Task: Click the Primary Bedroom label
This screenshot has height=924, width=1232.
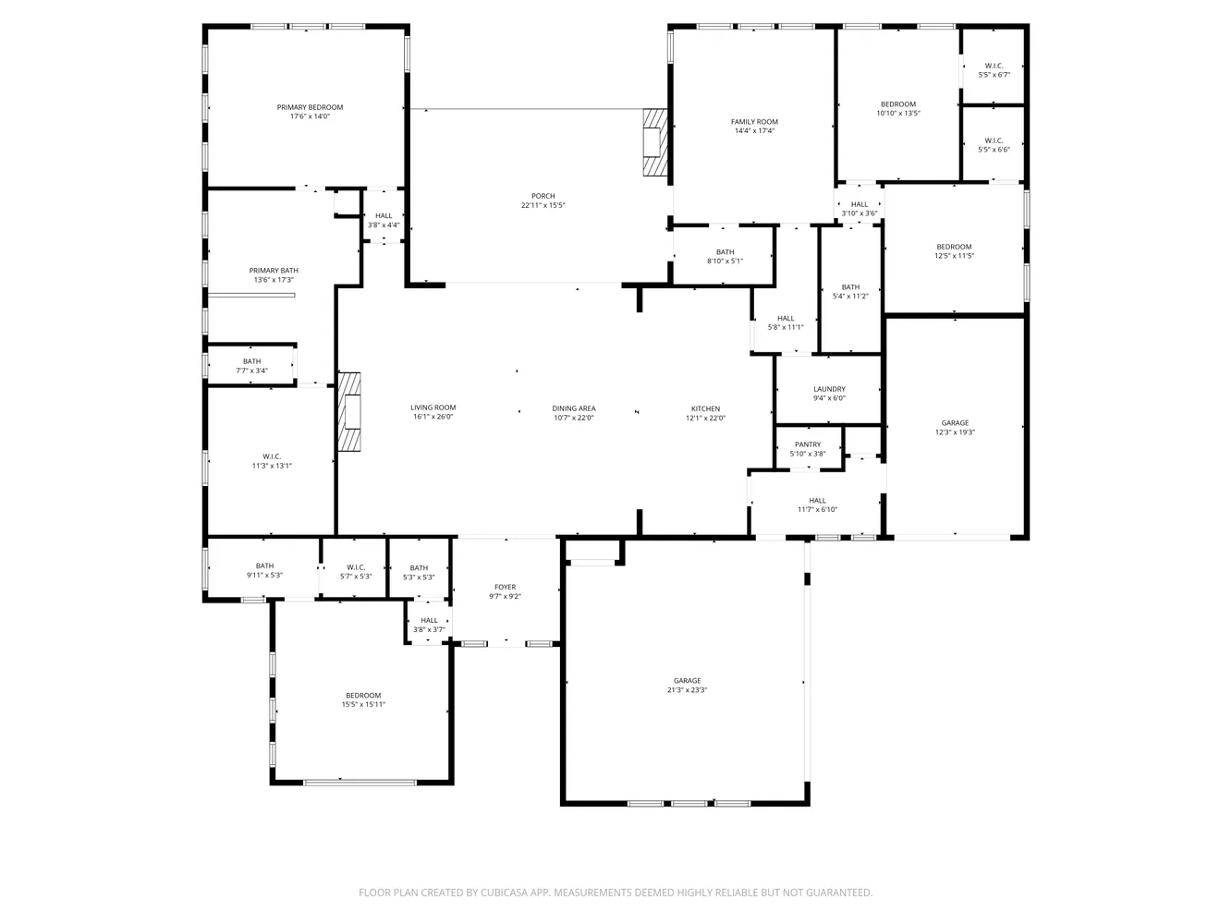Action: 310,107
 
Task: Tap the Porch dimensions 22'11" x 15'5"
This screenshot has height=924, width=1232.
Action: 543,205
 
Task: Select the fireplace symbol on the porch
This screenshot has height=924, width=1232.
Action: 655,142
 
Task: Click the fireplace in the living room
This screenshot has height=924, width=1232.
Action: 349,412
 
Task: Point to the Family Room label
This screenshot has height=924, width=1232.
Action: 754,122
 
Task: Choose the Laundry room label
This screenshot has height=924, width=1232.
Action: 829,389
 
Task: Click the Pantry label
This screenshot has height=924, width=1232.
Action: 808,444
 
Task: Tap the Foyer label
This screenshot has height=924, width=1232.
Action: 506,587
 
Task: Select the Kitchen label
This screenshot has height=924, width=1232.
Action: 705,409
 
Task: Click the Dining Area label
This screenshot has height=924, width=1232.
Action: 574,409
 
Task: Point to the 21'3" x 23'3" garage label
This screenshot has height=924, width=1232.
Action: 687,686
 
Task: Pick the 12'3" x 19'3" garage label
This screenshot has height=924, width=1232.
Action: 955,428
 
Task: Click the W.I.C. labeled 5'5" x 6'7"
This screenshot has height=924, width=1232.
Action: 994,70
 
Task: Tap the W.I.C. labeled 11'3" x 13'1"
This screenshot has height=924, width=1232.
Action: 272,461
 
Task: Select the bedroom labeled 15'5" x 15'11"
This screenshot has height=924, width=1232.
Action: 363,699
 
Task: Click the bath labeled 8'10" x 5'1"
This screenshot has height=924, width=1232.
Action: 725,256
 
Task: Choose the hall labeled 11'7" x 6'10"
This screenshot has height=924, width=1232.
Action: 817,505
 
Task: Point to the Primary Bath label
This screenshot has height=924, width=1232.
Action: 274,271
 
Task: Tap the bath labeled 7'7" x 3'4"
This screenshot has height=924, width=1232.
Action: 251,366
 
